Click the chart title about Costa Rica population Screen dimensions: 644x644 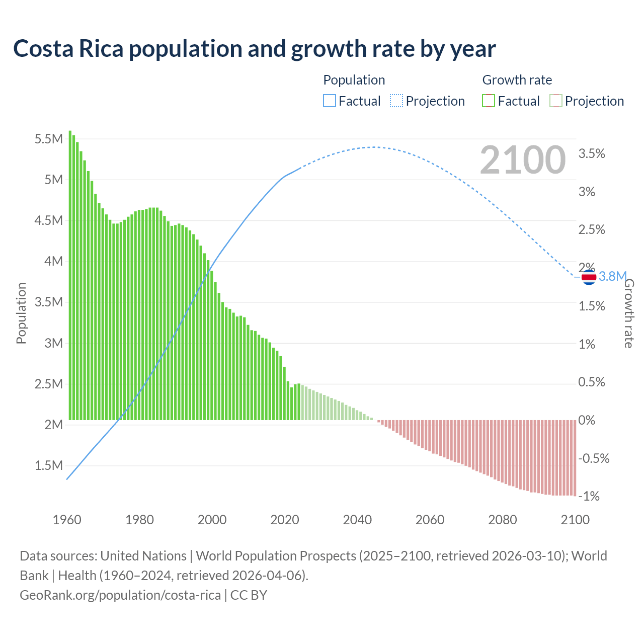pos(255,49)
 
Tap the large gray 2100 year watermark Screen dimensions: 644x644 pos(523,160)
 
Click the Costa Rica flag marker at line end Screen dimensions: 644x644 pos(589,277)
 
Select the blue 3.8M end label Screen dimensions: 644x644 pos(612,276)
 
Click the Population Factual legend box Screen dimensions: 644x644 pos(329,101)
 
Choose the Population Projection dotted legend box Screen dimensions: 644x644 pos(396,101)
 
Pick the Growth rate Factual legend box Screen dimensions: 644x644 pos(489,101)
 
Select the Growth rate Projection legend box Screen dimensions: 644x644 pos(556,101)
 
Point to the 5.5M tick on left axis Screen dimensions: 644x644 pos(48,139)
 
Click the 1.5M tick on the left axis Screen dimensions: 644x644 pos(48,465)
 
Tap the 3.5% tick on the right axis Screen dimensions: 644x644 pos(592,154)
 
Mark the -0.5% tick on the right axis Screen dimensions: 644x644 pos(594,458)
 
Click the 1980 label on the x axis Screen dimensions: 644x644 pos(139,520)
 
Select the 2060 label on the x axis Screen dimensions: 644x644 pos(430,520)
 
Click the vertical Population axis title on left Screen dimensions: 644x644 pos(21,313)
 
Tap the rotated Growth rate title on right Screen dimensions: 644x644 pos(629,313)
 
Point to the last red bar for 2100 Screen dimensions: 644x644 pos(575,458)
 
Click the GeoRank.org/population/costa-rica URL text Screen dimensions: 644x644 pos(120,595)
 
